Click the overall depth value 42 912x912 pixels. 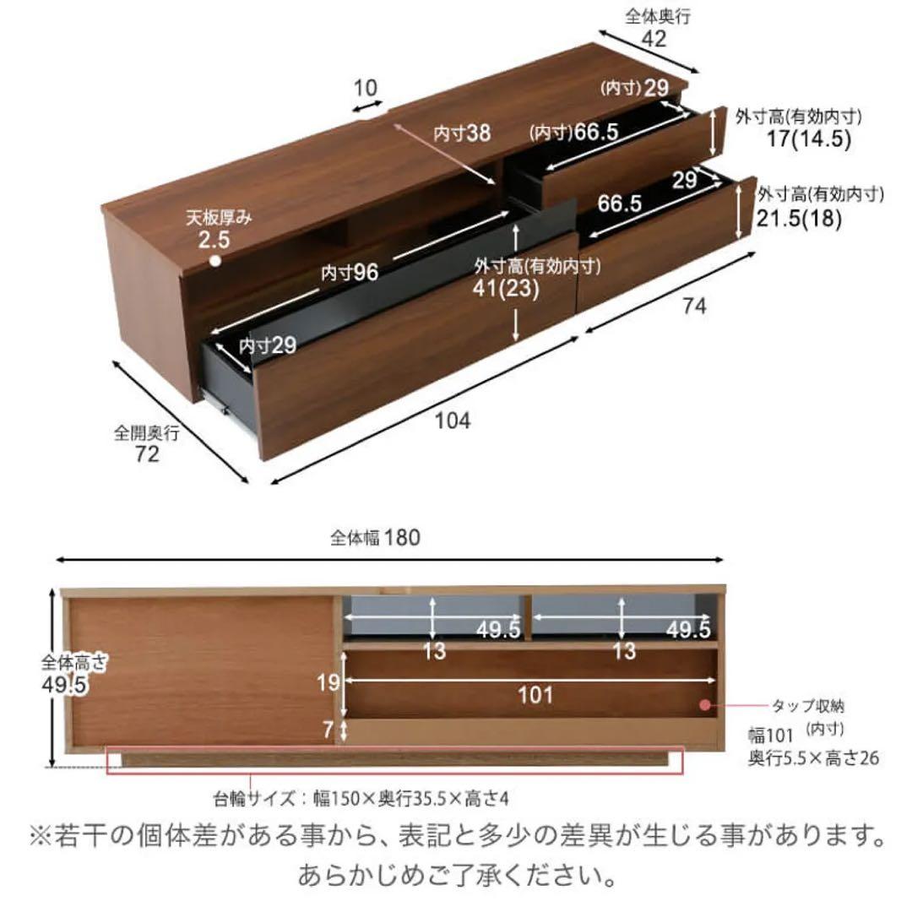pos(654,38)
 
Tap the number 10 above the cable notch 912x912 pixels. pos(366,88)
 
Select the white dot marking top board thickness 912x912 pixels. pos(215,261)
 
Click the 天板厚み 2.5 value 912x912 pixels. pos(214,239)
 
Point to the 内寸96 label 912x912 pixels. pos(350,272)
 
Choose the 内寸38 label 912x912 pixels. pos(462,133)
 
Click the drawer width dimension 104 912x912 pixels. pos(453,420)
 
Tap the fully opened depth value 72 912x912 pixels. pos(147,453)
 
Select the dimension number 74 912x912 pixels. pos(694,305)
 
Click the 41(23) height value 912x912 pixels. pos(506,289)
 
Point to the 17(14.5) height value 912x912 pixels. pos(809,138)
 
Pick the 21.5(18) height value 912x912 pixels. pos(799,218)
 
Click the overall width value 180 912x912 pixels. pos(401,537)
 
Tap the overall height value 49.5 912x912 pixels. pos(63,685)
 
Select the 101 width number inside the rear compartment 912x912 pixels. pos(535,694)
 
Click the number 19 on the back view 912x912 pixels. pos(328,682)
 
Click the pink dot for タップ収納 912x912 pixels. pos(705,705)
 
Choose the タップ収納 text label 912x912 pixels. pos(808,706)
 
